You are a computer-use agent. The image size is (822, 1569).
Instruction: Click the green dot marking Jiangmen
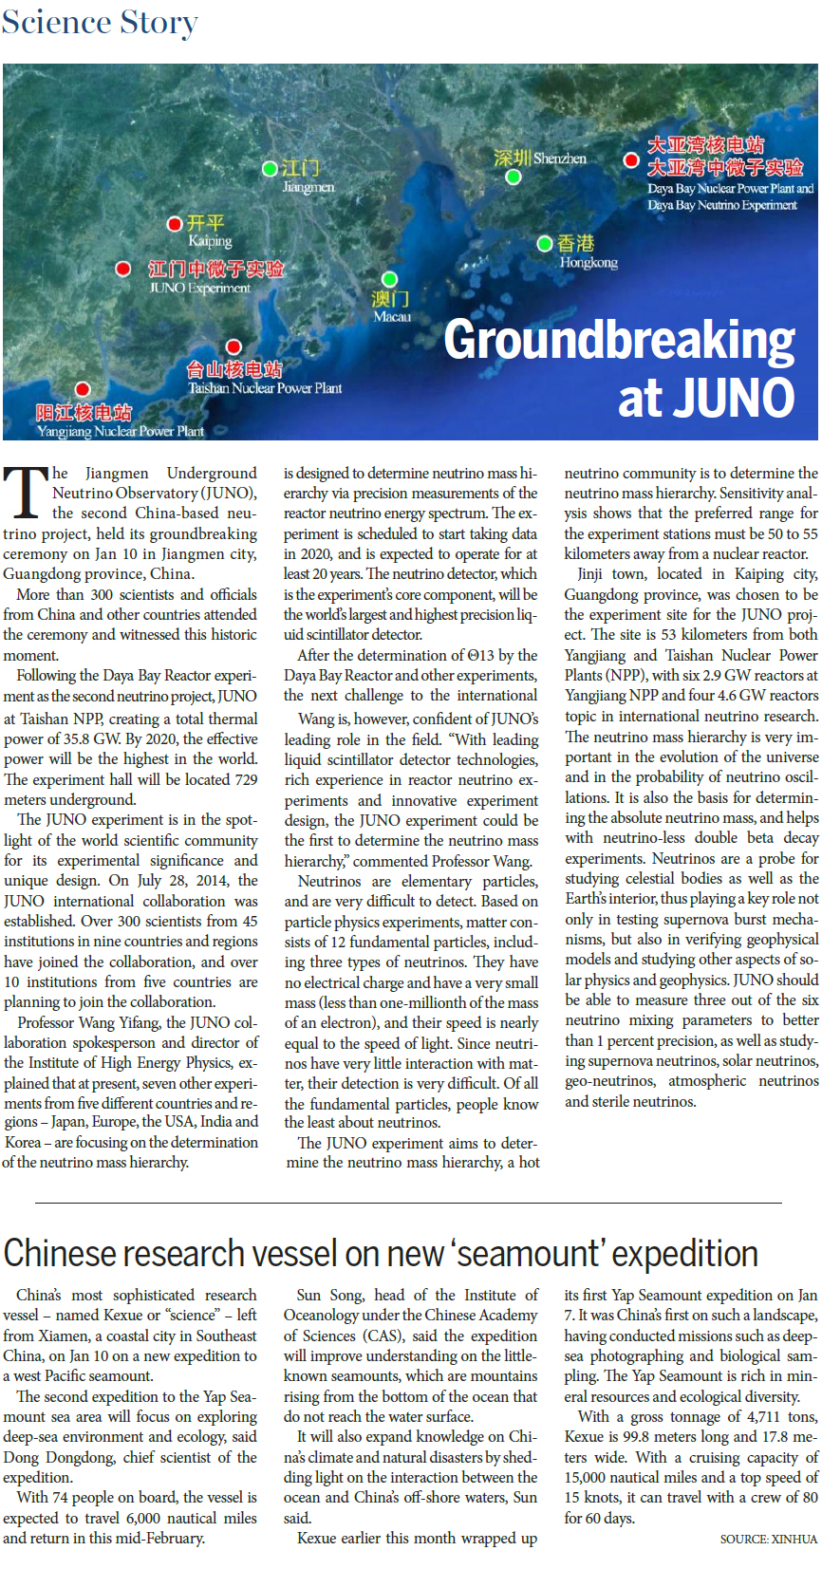271,169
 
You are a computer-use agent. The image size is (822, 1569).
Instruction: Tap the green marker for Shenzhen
514,177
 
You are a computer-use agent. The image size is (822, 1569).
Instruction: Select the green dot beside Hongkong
545,244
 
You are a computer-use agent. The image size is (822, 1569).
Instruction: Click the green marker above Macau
389,279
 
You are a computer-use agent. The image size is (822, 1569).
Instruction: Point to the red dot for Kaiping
175,224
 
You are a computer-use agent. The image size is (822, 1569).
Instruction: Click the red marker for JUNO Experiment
123,269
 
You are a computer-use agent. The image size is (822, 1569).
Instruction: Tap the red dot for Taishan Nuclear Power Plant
234,347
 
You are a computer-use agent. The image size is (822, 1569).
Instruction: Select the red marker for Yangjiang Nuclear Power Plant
83,389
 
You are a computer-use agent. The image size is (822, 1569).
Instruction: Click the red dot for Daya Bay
630,159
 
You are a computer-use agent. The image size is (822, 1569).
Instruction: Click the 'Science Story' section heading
100,22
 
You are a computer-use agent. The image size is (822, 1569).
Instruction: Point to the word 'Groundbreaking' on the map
619,340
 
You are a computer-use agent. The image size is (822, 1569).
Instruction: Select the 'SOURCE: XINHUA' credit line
768,1539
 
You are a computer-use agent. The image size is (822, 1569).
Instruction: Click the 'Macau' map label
392,317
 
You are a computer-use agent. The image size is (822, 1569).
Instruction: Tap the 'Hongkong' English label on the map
588,262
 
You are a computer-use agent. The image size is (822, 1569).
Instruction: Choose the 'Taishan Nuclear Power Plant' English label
265,387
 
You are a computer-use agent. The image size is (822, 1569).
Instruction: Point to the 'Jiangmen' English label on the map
308,187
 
